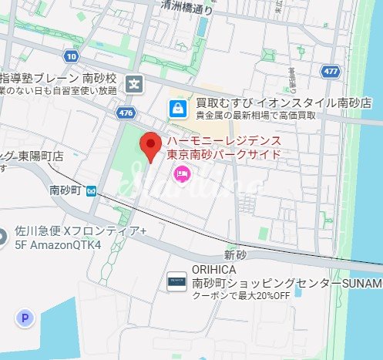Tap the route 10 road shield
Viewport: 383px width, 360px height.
(x=72, y=56)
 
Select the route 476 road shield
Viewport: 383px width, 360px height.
(x=125, y=113)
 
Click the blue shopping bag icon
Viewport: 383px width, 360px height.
(x=178, y=108)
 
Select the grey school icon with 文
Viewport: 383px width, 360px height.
(x=136, y=84)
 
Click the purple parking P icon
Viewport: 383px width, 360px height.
(x=28, y=318)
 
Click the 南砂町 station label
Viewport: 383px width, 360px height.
(x=66, y=189)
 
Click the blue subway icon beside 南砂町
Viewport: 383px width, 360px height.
(x=92, y=190)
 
